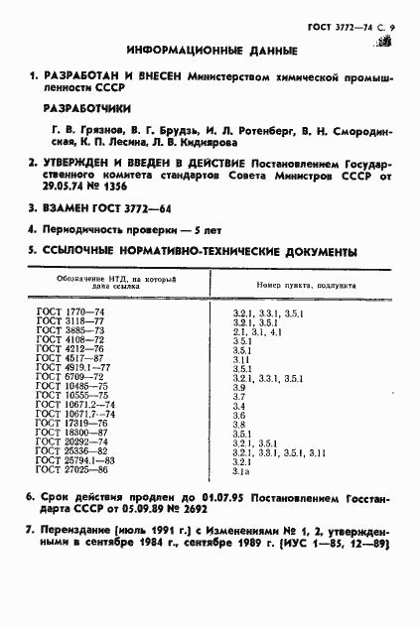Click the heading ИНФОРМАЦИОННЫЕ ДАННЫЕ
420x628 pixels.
(x=209, y=51)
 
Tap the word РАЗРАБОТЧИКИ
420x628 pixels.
(x=91, y=109)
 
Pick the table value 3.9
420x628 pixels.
(x=238, y=387)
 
